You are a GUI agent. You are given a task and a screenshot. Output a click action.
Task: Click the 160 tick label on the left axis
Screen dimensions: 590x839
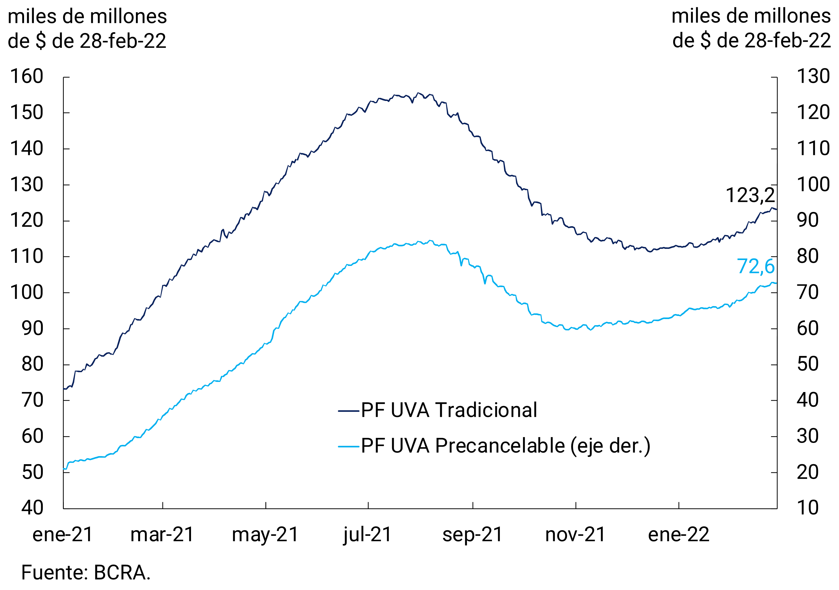point(27,77)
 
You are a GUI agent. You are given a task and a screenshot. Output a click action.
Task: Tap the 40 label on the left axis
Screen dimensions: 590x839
point(32,508)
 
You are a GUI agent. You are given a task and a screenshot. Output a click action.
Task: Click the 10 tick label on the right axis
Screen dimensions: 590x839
point(808,508)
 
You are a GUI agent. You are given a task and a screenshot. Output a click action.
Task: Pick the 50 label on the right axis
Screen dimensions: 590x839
point(808,364)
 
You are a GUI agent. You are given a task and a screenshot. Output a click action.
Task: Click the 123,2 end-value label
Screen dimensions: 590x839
point(750,195)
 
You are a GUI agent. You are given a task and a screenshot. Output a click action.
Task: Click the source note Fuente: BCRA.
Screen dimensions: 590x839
point(86,572)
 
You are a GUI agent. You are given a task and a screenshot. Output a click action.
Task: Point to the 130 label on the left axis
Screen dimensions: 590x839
point(27,185)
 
